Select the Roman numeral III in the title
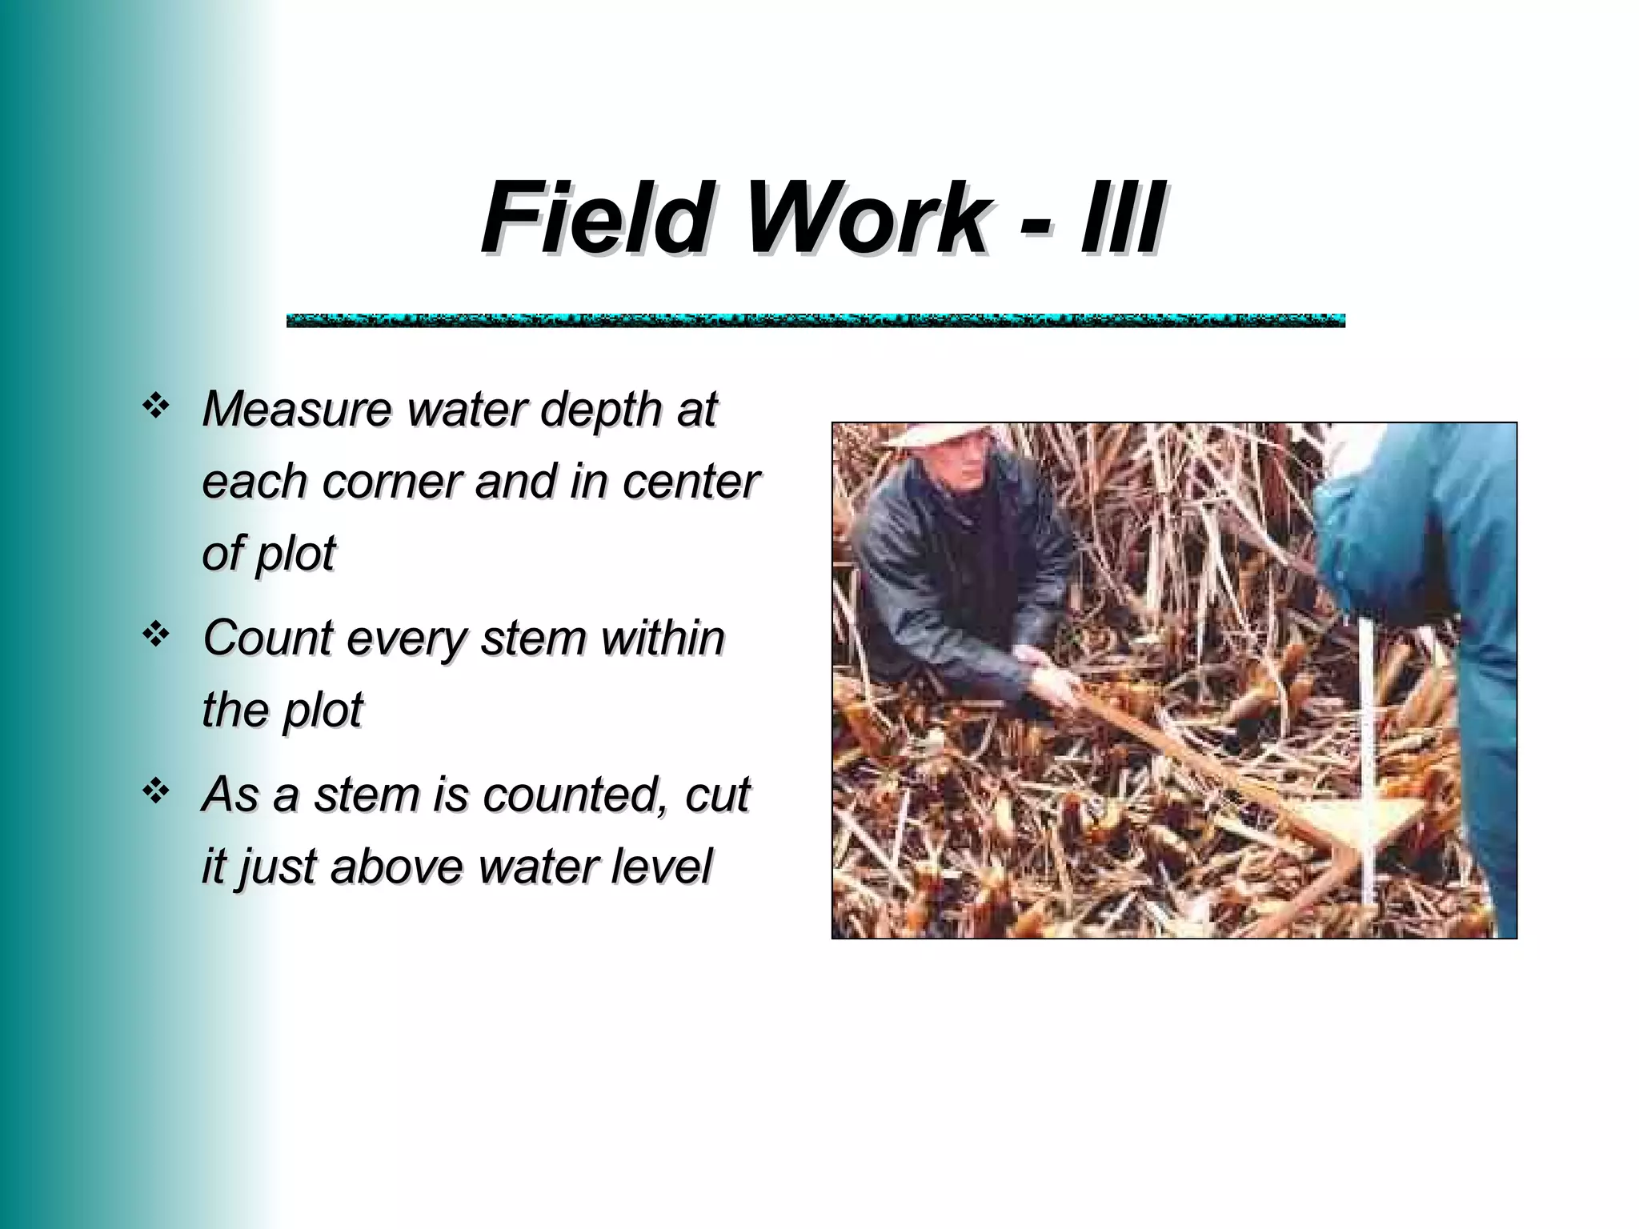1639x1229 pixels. pos(1120,216)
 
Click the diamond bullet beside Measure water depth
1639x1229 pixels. pos(154,407)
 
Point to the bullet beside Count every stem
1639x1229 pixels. pos(154,635)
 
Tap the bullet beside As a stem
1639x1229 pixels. pos(154,792)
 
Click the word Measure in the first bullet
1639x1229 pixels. pos(297,409)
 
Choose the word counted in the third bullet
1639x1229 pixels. pos(575,795)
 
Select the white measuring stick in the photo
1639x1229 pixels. pos(1369,760)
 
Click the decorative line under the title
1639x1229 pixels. pos(815,321)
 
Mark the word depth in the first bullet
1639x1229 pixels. pos(601,409)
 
